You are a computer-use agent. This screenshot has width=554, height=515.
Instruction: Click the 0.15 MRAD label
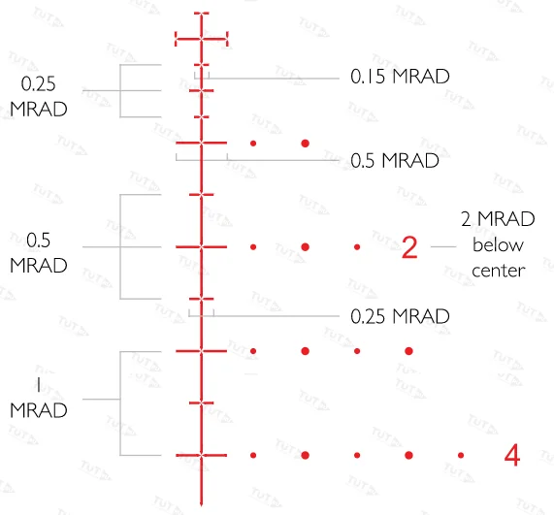point(400,76)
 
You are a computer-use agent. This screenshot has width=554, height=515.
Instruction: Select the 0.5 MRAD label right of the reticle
point(395,160)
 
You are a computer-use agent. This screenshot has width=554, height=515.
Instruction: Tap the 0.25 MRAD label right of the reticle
point(400,316)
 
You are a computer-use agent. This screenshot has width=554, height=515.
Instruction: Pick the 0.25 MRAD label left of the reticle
point(39,96)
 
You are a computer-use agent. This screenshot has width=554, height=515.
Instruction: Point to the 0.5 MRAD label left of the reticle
point(39,252)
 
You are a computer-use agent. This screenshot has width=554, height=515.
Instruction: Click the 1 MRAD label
point(39,398)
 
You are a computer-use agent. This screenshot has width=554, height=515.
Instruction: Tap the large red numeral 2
point(409,247)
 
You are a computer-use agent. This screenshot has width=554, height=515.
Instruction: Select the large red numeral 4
point(512,455)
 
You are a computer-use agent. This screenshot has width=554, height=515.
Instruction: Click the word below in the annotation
point(498,244)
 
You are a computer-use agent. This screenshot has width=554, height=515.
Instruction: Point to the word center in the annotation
point(498,271)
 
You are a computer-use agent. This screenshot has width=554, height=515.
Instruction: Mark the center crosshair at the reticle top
point(202,39)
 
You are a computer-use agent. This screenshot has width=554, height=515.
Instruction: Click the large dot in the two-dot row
point(306,144)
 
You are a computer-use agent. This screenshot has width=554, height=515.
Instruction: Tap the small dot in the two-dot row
point(253,144)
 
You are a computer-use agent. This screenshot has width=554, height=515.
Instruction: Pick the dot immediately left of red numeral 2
point(357,247)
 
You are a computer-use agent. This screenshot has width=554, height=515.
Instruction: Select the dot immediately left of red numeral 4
point(461,455)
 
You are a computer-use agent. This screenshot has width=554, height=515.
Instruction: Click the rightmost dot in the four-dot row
point(408,351)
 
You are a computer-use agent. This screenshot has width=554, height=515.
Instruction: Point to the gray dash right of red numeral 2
point(443,246)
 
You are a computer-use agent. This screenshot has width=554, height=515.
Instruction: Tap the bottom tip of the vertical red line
point(202,506)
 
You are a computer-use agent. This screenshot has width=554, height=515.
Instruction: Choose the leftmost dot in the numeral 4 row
point(253,455)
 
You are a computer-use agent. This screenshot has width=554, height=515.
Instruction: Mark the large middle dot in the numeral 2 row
point(306,247)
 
